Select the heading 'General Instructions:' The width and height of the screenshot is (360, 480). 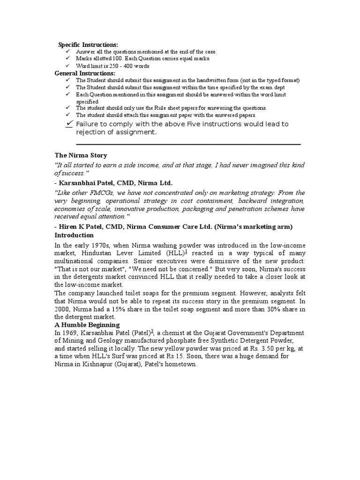(x=85, y=74)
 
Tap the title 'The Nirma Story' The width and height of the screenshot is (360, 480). (x=81, y=155)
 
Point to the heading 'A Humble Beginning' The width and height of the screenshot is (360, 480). (x=87, y=325)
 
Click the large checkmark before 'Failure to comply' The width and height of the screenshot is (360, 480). (x=69, y=123)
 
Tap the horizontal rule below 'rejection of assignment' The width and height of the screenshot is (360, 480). (x=187, y=144)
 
